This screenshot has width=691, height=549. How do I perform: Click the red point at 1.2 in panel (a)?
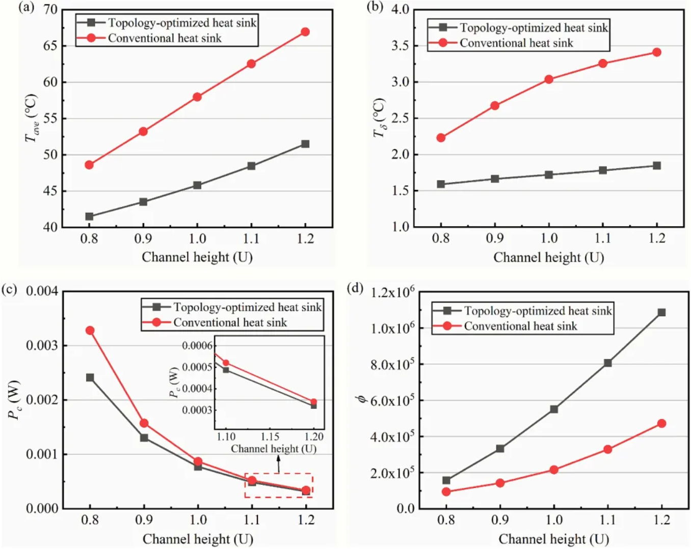point(305,32)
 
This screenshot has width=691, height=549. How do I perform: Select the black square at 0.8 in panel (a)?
point(89,216)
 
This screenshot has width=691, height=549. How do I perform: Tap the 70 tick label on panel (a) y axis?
point(50,9)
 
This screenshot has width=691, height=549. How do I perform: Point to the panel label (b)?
point(375,7)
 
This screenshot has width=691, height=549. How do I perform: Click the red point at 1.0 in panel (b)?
point(549,79)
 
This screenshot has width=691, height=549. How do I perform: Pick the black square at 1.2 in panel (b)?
point(657,166)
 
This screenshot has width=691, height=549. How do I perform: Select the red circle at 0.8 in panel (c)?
point(90,331)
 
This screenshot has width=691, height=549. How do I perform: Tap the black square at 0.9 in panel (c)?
point(144,437)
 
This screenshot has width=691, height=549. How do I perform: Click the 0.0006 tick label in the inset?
point(197,346)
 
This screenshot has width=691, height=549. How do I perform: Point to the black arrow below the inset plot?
point(278,463)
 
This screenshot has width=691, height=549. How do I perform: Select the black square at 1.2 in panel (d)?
point(661,312)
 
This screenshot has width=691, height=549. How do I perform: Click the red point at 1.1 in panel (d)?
point(608,449)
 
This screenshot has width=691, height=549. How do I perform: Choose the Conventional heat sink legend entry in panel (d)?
point(520,326)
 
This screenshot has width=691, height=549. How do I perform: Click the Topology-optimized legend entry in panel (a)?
point(182,23)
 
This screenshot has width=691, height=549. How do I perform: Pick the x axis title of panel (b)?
point(548,257)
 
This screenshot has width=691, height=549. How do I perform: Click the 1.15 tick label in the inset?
point(270,436)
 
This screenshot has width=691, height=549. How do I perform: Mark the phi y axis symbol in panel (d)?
point(362,398)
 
